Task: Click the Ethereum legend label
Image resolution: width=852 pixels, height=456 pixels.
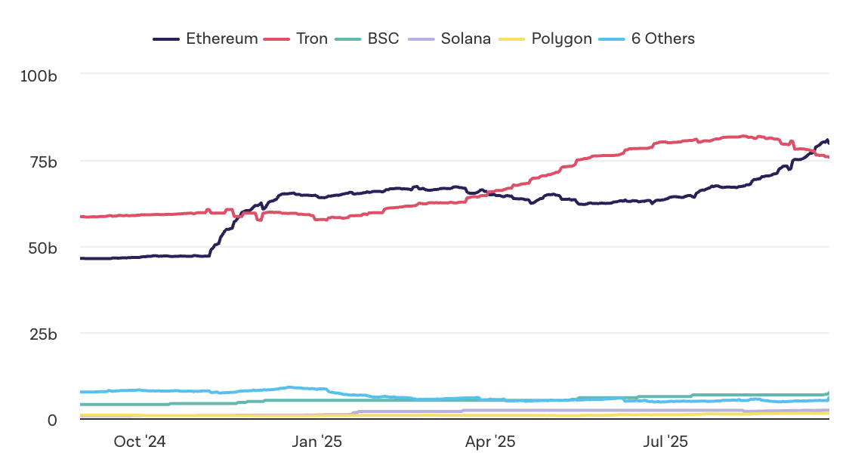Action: [x=221, y=39]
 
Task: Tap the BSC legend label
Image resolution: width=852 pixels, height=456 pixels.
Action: [x=383, y=39]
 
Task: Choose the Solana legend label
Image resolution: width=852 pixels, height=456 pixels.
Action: [x=465, y=39]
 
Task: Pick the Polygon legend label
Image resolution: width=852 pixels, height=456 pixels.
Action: [x=561, y=39]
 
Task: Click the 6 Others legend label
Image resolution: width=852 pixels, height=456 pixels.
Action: [x=662, y=39]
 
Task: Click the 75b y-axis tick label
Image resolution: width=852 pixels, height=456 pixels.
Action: [x=42, y=162]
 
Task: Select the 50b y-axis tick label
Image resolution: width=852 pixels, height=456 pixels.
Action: [x=42, y=248]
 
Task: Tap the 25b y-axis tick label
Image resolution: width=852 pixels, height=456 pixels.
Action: [x=42, y=334]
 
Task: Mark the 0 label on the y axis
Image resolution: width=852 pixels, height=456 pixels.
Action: [x=52, y=420]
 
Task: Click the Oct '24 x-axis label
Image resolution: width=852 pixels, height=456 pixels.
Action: [x=140, y=442]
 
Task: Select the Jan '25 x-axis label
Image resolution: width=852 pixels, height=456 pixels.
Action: [x=316, y=442]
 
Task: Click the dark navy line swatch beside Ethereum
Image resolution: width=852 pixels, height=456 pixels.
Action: [x=166, y=39]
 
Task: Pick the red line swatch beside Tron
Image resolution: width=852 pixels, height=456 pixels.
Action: [x=277, y=39]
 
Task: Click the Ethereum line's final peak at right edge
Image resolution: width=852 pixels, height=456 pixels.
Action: [x=827, y=140]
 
